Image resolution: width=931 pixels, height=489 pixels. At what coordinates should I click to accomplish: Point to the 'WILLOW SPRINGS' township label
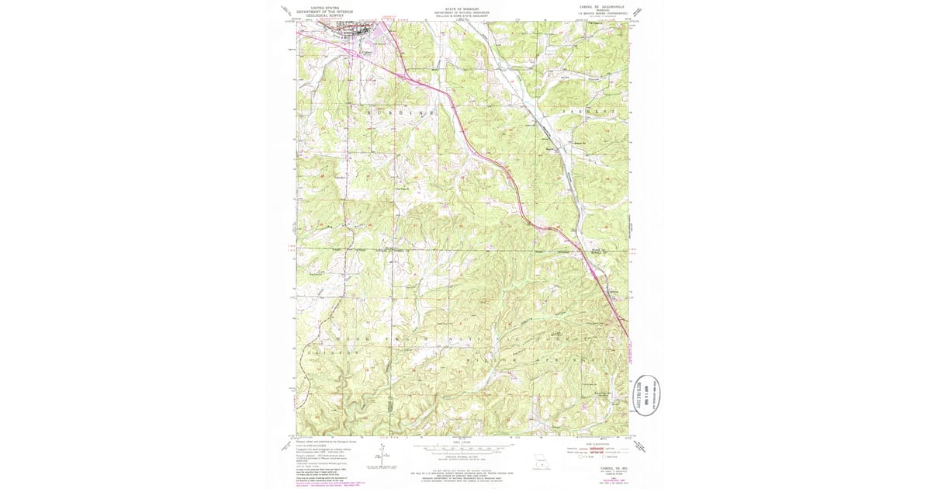[512, 359]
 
